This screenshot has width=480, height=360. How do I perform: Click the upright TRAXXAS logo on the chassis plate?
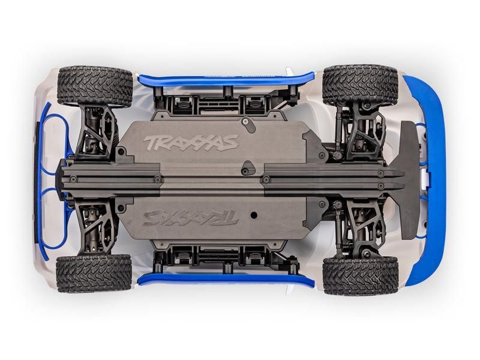pos(191,143)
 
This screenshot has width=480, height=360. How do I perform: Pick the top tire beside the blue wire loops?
pos(94,86)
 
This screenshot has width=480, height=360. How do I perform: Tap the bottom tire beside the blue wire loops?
pos(93,273)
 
